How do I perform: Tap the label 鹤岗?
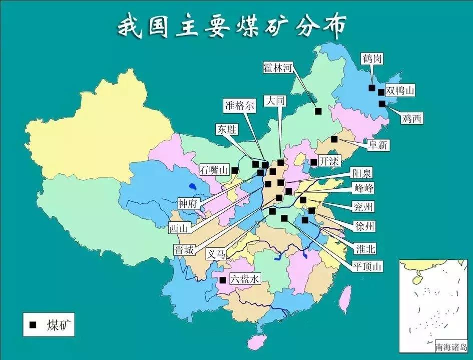pos(372,59)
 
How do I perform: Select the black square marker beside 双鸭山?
pos(381,92)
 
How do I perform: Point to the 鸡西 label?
pos(411,119)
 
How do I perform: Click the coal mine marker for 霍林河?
pos(318,111)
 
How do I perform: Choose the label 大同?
pos(276,101)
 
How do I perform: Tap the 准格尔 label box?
pos(239,106)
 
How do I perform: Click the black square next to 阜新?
pos(334,139)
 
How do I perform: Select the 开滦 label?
pos(328,162)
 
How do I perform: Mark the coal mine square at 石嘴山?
pos(235,170)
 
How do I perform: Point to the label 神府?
pos(190,203)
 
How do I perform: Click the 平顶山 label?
pos(367,266)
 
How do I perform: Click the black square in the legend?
pos(33,325)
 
